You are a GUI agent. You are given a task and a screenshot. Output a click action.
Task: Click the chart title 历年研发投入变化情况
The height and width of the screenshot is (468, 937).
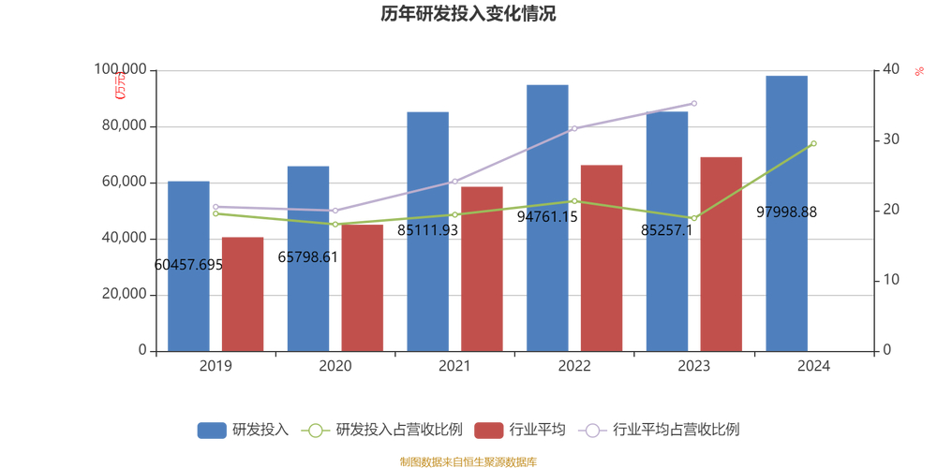[x=468, y=14]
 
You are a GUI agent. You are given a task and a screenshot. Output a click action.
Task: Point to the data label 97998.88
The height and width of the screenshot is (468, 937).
[x=786, y=212]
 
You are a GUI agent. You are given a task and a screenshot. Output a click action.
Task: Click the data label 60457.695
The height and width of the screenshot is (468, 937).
[x=188, y=265]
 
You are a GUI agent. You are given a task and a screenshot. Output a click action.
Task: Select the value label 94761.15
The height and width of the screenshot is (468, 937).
[x=547, y=217]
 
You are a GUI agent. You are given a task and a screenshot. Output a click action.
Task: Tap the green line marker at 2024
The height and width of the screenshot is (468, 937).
[x=813, y=143]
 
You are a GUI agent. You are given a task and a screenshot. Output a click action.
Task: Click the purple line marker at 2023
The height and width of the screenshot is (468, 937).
[x=693, y=104]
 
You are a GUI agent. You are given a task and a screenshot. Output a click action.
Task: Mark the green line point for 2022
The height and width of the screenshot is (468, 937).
[x=574, y=201]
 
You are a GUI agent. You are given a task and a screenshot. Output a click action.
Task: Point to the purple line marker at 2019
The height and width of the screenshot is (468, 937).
[x=216, y=207]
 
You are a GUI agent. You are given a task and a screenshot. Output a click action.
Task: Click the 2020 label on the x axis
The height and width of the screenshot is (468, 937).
[x=335, y=366]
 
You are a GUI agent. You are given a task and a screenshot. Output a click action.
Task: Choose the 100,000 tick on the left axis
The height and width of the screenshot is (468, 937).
[x=121, y=70]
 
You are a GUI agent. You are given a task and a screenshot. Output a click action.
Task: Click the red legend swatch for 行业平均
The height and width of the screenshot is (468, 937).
[x=489, y=431]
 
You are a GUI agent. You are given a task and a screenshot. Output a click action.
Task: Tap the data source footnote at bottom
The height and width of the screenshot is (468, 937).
[x=468, y=461]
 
